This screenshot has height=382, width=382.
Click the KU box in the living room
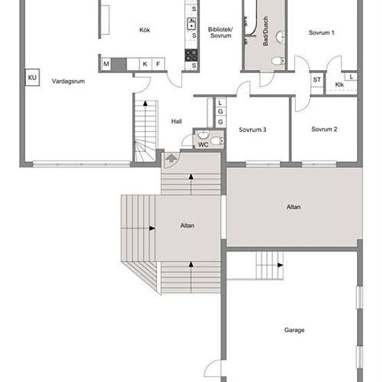[x=32, y=78]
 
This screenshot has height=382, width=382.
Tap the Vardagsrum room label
[x=68, y=81]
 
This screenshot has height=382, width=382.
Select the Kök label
[x=144, y=30]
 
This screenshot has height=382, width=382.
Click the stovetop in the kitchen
[x=191, y=55]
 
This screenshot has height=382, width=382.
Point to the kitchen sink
[x=192, y=24]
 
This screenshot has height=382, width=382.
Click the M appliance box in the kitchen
[x=106, y=64]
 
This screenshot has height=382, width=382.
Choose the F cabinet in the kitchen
[x=158, y=64]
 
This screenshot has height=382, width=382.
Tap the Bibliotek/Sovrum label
[x=220, y=33]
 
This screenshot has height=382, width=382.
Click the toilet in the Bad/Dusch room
[x=278, y=60]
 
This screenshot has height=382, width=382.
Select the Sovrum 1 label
[x=322, y=33]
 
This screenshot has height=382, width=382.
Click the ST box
[x=317, y=79]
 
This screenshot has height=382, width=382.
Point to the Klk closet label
[x=340, y=85]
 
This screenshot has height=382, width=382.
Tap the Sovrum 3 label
[x=252, y=130]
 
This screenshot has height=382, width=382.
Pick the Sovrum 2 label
[x=324, y=129]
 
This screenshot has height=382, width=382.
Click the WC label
[x=204, y=144]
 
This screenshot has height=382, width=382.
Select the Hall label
[x=176, y=122]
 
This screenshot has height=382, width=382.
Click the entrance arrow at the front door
[x=172, y=158]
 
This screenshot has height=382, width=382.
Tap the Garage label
[x=294, y=330]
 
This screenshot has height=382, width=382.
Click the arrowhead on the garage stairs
[x=281, y=265]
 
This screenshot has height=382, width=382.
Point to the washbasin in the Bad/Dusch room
[x=281, y=37]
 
